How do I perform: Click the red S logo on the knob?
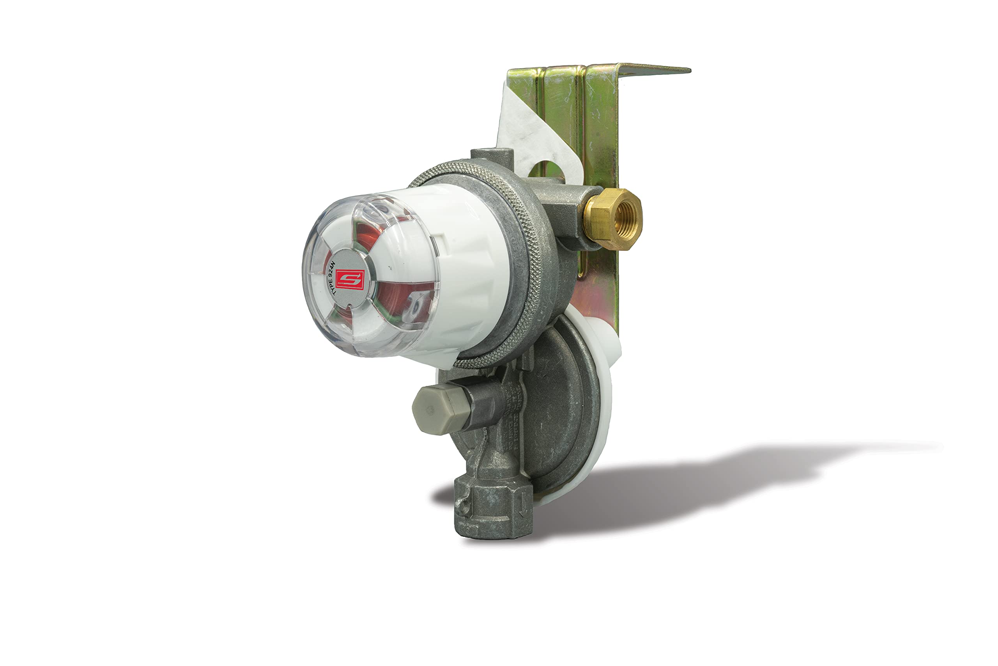coord(350,279)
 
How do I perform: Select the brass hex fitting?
coord(612,219)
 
